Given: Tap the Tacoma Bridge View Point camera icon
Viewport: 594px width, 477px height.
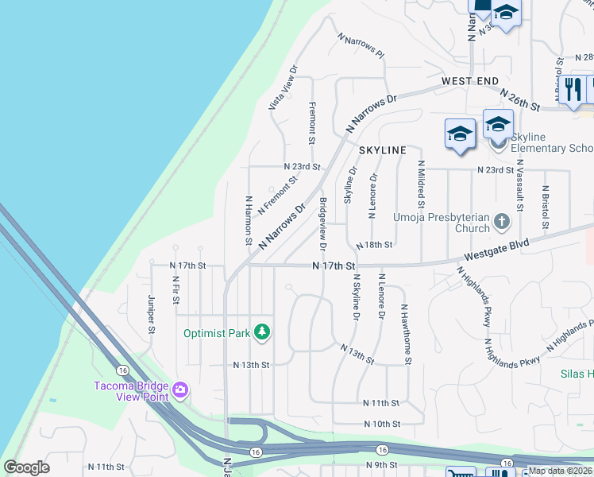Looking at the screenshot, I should (180, 390).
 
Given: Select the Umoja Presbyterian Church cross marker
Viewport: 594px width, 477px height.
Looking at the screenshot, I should (501, 223).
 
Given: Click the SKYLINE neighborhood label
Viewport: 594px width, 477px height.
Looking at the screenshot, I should (383, 150).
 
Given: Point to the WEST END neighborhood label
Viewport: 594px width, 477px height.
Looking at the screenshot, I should (470, 81).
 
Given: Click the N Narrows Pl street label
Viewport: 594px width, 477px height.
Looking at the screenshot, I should (361, 46).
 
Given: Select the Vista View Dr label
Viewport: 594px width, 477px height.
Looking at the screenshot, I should (283, 87).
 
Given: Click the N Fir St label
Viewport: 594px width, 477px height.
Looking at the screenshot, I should (175, 289).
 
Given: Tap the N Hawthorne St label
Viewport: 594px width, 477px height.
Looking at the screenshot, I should (406, 334).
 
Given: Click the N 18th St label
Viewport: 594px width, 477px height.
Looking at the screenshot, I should (374, 246).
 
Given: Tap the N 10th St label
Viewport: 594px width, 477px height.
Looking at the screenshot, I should (382, 425).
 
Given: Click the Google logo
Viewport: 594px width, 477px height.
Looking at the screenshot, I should (26, 467).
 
